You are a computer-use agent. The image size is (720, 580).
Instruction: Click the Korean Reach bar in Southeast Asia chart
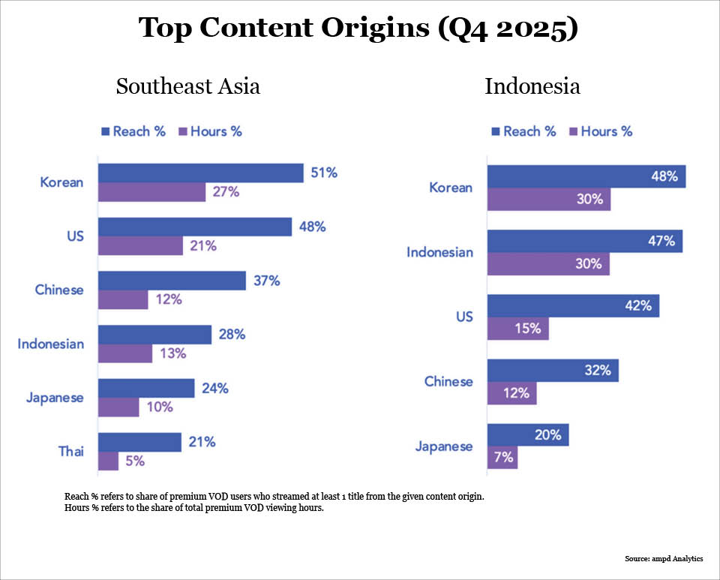pos(200,173)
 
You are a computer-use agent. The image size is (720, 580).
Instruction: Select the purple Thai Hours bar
pos(108,461)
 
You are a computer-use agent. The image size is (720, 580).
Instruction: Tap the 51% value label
pos(324,173)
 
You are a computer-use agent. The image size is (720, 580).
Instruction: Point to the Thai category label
pos(70,451)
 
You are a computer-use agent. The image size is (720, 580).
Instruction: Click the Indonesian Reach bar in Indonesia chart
pos(584,242)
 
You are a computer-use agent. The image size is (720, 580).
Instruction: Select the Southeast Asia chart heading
pos(187,86)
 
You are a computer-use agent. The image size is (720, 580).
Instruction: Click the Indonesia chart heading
pos(532,86)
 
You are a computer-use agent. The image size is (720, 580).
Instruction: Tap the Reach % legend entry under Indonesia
pos(523,131)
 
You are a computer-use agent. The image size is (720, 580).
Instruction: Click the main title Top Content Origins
pos(359,29)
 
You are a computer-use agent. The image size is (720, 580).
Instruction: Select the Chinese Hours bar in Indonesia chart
pos(511,392)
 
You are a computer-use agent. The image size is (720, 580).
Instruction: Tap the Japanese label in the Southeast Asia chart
pos(54,398)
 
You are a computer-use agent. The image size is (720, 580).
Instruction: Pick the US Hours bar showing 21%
pos(140,245)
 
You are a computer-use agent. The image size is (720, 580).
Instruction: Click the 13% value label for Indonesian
pos(172,353)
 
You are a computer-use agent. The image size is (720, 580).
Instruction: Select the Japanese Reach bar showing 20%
pos(527,435)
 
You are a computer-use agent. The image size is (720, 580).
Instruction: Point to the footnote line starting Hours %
pos(193,509)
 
